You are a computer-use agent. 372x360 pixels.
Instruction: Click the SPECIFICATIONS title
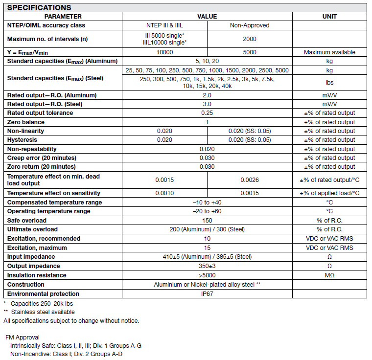pos(39,7)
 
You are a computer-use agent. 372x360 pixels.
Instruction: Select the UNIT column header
pos(329,17)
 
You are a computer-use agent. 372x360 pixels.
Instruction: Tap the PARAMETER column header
pos(63,17)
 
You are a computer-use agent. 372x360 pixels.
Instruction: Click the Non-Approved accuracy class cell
pos(249,25)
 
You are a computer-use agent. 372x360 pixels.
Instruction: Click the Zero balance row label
pos(26,122)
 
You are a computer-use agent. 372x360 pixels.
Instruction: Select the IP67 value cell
pos(207,294)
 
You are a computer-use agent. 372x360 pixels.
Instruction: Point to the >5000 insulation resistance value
pos(207,275)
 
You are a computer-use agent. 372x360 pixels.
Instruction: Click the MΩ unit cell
pos(329,275)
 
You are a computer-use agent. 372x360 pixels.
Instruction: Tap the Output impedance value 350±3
pos(207,266)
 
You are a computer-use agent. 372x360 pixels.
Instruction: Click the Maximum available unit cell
pos(329,52)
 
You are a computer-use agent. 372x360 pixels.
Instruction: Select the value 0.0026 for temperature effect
pos(249,180)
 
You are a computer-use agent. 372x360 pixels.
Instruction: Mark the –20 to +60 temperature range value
pos(207,211)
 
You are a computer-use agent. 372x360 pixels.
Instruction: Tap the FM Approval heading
pos(23,337)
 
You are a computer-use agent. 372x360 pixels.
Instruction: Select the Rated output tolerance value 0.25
pos(207,113)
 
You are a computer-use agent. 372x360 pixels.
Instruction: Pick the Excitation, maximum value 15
pos(207,248)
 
